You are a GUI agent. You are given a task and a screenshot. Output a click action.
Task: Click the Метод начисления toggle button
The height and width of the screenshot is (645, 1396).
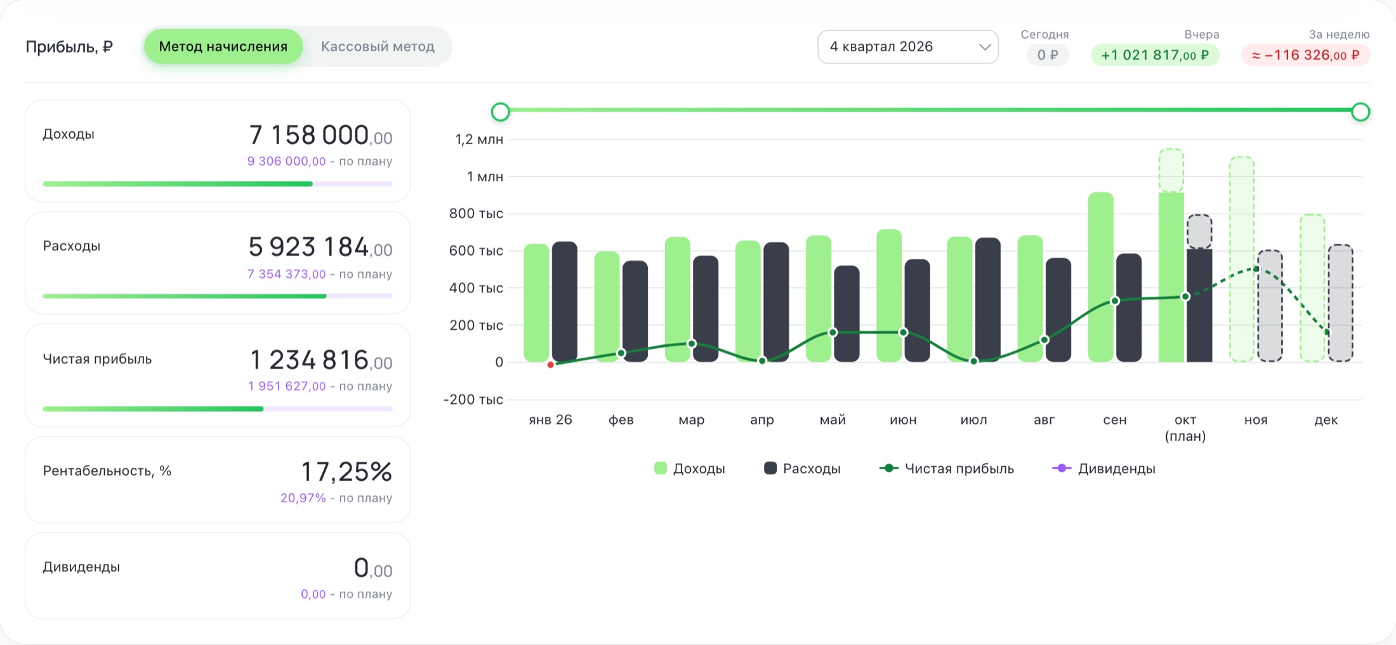[x=223, y=46]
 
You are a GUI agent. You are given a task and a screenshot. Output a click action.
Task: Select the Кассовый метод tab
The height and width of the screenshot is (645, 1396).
[x=378, y=46]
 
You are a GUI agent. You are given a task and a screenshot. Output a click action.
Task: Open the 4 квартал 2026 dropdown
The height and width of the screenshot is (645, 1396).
[x=907, y=47]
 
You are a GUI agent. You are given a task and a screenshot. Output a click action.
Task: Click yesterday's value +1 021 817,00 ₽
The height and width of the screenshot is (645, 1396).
[x=1155, y=55]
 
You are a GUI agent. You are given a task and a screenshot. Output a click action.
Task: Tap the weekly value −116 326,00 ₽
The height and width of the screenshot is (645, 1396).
[x=1305, y=55]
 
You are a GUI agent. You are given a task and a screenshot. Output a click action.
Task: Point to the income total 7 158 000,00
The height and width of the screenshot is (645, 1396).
[x=320, y=135]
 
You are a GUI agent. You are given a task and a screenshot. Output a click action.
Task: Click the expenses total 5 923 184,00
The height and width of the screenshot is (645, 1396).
[x=320, y=247]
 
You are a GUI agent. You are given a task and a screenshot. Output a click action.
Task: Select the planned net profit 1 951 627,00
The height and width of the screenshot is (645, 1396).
[x=287, y=386]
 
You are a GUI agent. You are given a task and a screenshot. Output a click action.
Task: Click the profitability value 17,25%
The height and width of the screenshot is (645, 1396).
[x=346, y=472]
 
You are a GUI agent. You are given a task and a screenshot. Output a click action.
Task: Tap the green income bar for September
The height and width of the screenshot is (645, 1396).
[x=1101, y=277]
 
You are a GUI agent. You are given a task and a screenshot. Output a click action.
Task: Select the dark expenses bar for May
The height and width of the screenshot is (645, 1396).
[x=846, y=314]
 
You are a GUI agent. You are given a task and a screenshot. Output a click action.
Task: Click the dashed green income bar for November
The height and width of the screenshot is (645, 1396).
[x=1242, y=259]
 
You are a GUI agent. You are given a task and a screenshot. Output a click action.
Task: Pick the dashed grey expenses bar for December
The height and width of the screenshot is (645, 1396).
[x=1340, y=303]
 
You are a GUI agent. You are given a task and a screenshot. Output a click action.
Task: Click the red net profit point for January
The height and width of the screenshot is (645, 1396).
[x=550, y=365]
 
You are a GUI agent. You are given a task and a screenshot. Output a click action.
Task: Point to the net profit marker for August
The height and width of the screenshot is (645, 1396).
[x=1044, y=340]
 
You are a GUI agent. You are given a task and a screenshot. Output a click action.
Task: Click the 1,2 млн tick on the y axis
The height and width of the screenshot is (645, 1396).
[x=479, y=140]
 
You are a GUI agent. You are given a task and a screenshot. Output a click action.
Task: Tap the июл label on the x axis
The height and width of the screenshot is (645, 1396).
[x=973, y=420]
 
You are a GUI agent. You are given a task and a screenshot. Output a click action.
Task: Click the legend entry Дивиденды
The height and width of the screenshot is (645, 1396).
[x=1104, y=469]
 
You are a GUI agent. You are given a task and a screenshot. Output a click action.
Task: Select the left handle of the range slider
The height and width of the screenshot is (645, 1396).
[x=501, y=112]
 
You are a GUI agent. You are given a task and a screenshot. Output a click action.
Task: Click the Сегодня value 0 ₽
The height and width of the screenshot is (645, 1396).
[x=1048, y=55]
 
